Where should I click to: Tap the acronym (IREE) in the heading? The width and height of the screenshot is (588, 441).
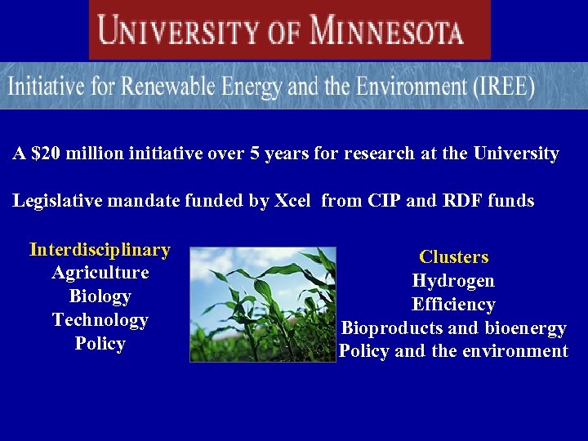point(501,87)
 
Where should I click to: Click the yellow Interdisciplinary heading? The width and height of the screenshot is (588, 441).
point(100,249)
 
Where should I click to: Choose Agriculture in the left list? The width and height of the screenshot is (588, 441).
point(100,273)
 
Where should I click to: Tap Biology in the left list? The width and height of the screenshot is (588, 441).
point(100,296)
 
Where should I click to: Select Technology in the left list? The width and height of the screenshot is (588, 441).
point(100,320)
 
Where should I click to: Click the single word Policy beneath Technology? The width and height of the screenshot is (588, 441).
point(100,344)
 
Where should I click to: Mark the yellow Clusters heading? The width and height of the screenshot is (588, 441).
point(453,257)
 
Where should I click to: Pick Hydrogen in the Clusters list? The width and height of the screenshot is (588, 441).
point(453,281)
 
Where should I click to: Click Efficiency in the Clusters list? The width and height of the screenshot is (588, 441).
point(453,305)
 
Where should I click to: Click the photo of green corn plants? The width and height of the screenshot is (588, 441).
point(262,304)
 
